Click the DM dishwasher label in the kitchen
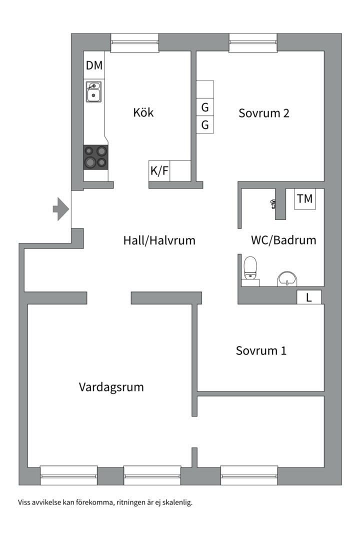94,65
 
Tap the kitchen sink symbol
93,92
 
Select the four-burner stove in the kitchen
96,156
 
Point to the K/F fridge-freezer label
160,171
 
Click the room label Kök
143,112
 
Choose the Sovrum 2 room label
264,113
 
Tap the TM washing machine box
304,199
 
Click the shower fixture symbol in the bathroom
273,203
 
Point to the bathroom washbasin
287,278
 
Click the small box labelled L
309,297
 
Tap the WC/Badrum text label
283,240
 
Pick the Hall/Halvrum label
159,240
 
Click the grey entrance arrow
60,209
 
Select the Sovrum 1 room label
261,351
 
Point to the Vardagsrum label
111,387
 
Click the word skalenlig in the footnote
177,502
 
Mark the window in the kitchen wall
134,42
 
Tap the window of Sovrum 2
253,42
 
